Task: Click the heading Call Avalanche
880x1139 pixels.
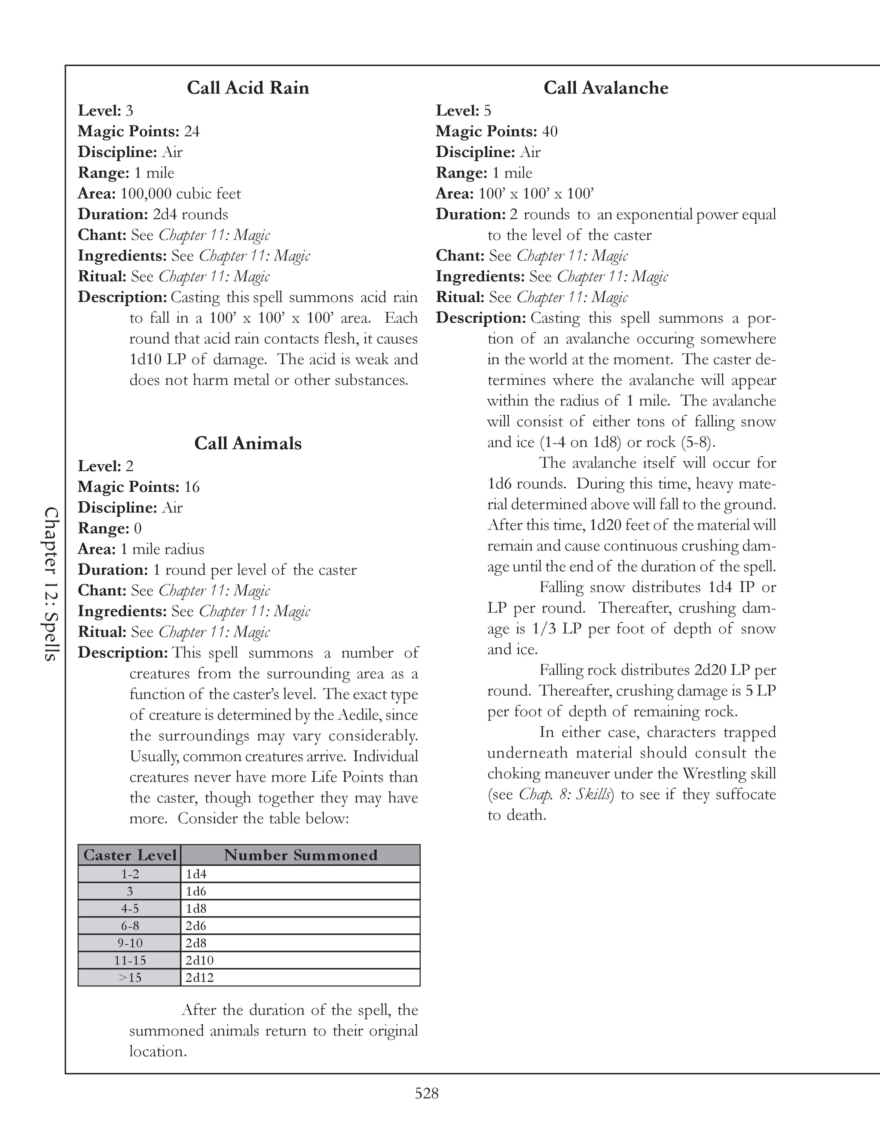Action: coord(606,88)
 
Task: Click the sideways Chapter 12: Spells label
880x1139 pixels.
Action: coord(51,584)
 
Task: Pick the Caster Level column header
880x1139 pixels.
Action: coord(130,855)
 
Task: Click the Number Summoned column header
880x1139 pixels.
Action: coord(300,855)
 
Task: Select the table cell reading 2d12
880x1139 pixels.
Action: coord(200,977)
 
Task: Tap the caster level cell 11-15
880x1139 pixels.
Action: coord(130,960)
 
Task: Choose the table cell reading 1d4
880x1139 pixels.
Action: coord(196,874)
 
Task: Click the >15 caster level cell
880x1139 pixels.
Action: coord(130,977)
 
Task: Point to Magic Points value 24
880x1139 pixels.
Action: coord(191,132)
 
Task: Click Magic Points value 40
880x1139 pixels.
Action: coord(550,132)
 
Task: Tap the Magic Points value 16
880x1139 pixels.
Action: coord(191,487)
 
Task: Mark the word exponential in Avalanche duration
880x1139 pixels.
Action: coord(654,215)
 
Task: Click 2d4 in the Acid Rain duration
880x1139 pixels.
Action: coord(165,215)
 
